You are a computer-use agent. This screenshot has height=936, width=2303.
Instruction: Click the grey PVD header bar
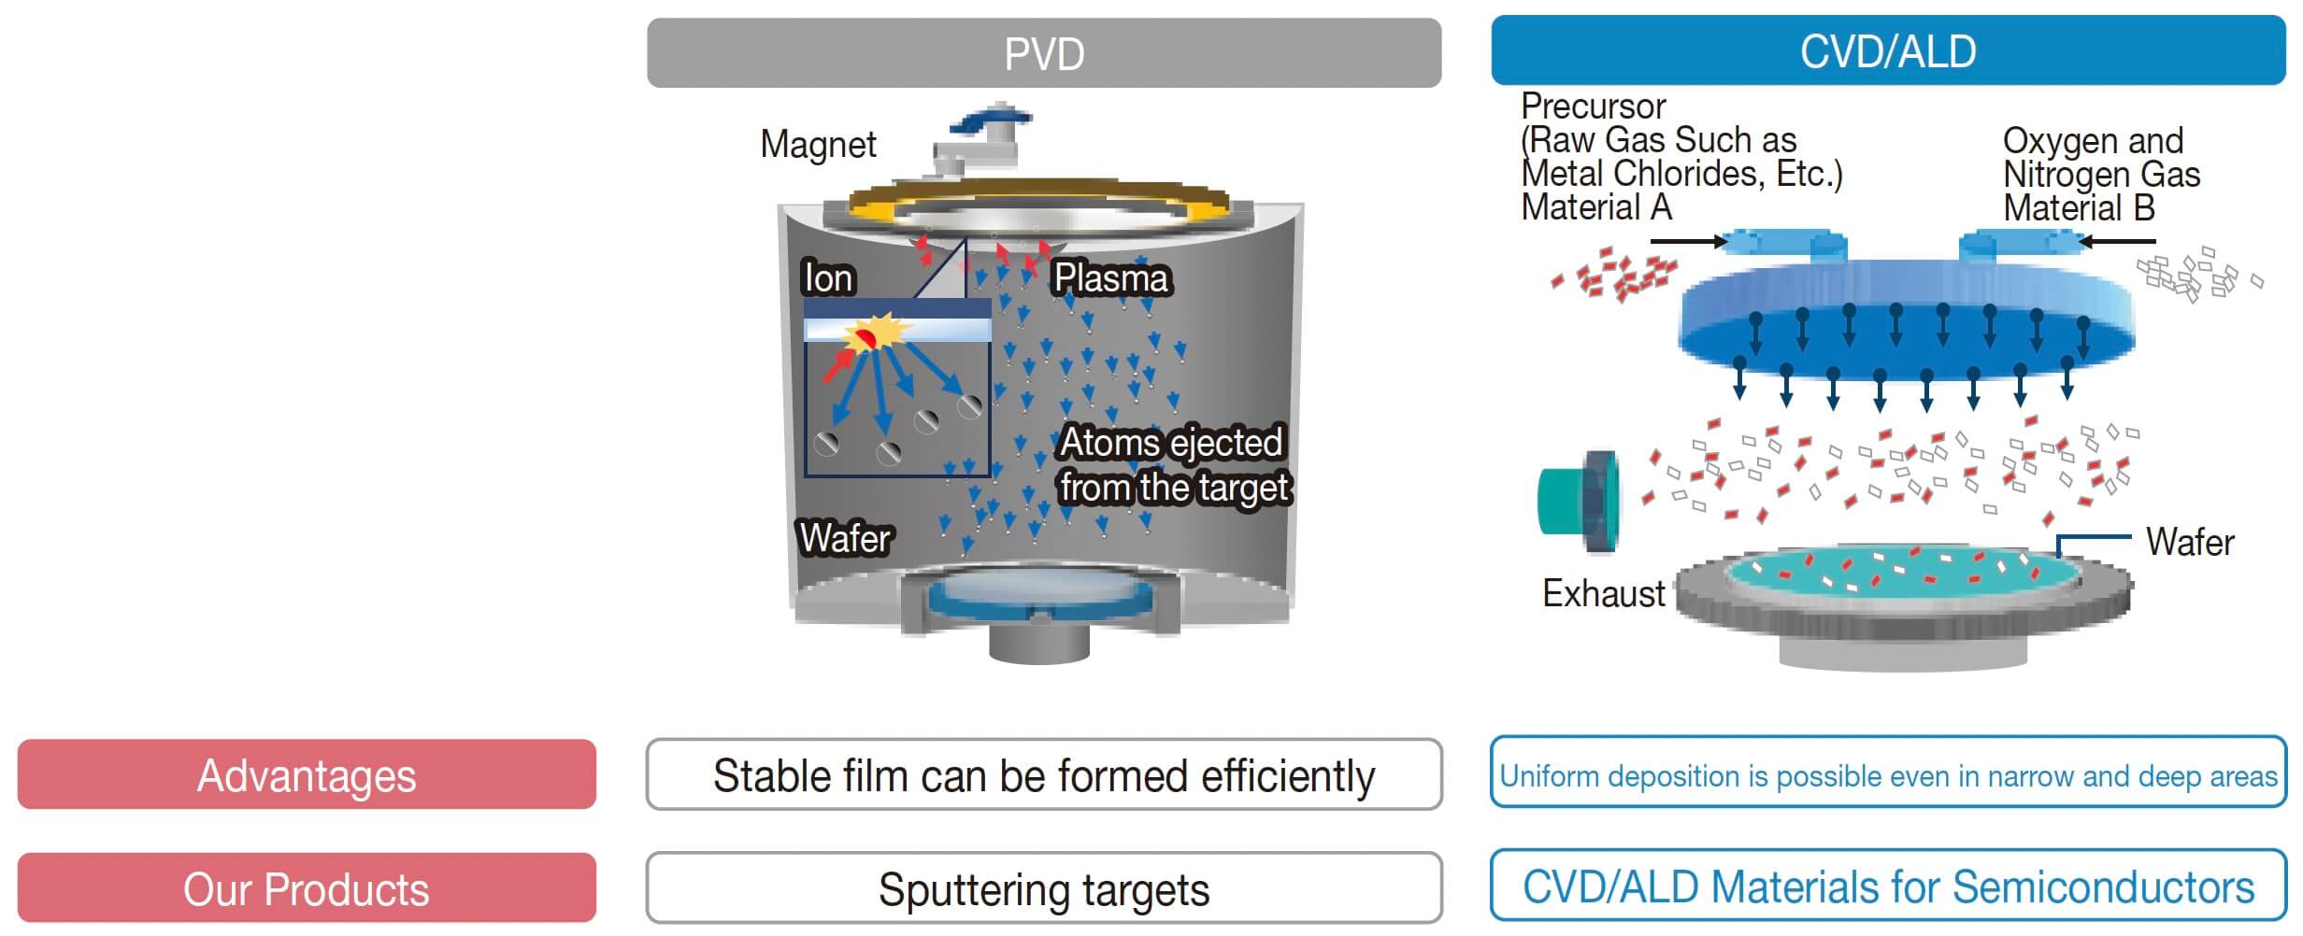(x=1043, y=53)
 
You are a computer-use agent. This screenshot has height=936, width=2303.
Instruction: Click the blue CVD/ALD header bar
(x=1887, y=51)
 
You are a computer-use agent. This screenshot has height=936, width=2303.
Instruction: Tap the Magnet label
(x=818, y=145)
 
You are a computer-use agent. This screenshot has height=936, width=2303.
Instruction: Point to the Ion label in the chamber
(x=828, y=278)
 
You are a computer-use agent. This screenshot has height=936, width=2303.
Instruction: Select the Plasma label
(x=1110, y=278)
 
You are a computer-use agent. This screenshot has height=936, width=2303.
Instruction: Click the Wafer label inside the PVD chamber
(x=845, y=539)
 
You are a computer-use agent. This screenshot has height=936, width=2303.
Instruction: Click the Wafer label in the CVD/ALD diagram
(x=2189, y=543)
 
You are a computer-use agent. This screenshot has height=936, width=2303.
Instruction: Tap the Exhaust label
(x=1603, y=594)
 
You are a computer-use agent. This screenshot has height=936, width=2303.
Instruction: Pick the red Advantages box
(x=307, y=774)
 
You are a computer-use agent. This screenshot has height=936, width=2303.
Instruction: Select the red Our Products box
(x=307, y=888)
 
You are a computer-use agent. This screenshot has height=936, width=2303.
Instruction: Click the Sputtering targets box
(x=1043, y=888)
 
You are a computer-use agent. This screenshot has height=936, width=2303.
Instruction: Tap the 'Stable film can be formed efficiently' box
(x=1043, y=775)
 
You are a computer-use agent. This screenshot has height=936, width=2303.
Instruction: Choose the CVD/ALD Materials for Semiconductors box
(x=1887, y=886)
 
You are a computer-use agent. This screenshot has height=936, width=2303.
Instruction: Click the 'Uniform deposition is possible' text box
(x=1887, y=774)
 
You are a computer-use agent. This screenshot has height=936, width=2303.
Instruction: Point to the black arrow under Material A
(x=1688, y=242)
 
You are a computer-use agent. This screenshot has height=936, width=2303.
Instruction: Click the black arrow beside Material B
(x=2116, y=242)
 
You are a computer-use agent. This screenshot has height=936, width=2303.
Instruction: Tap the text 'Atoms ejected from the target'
(x=1173, y=465)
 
